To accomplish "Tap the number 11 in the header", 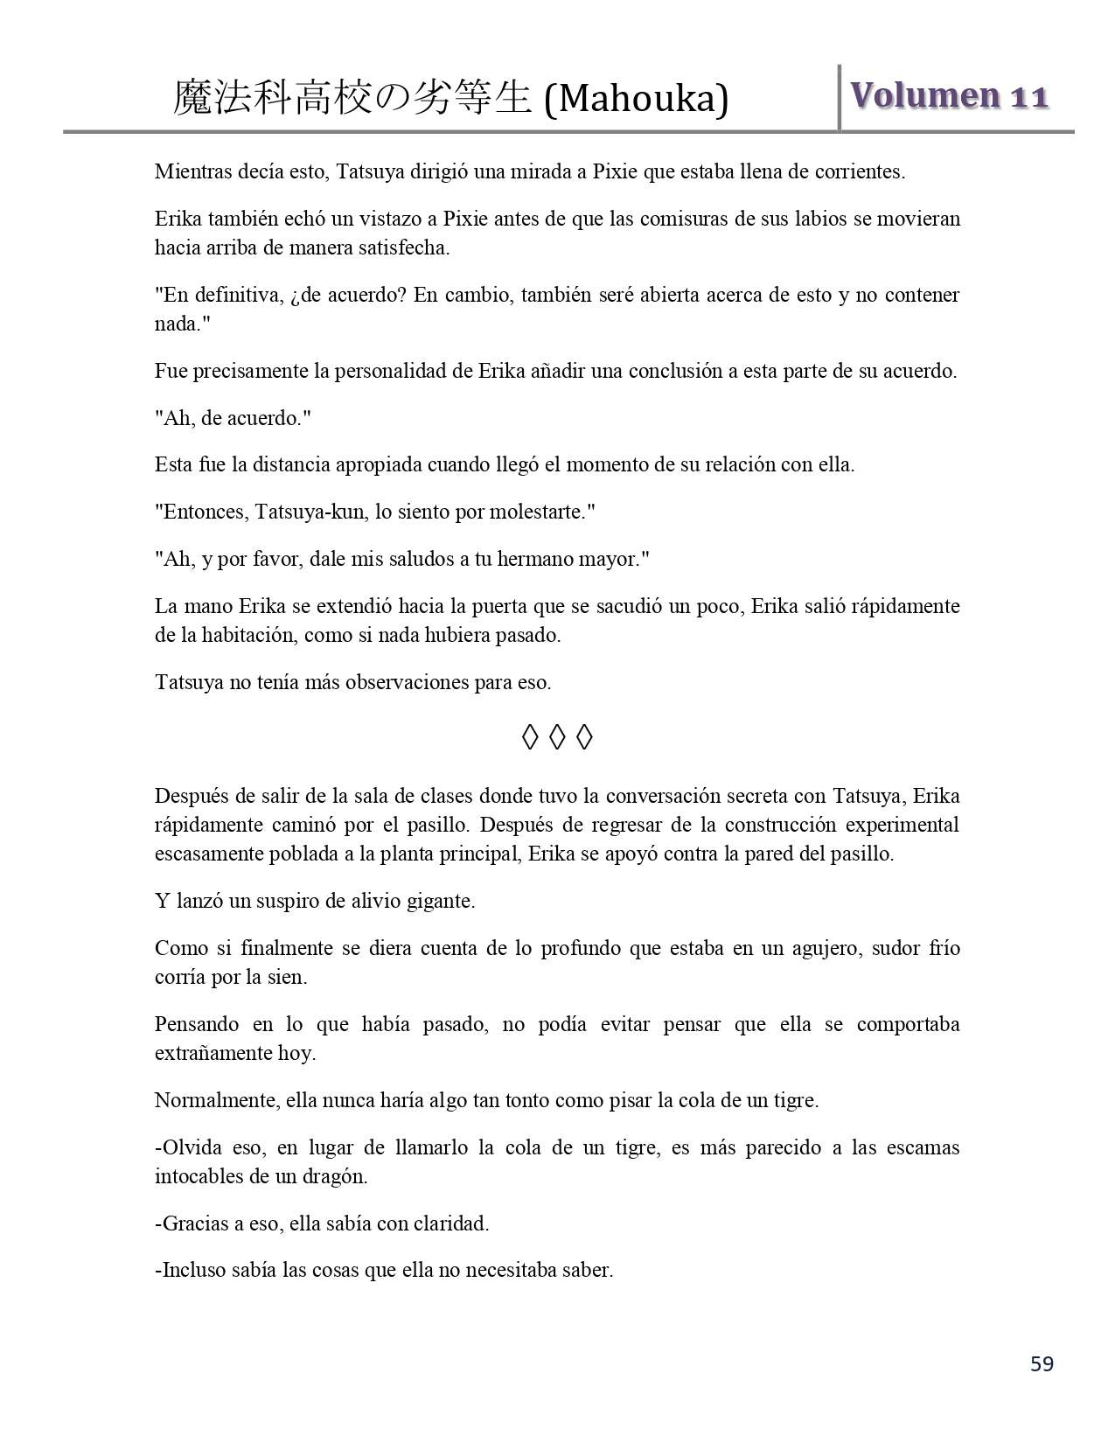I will click(1030, 97).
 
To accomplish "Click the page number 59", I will click(1042, 1363).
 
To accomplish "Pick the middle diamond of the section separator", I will click(557, 738).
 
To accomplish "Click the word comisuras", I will click(685, 219).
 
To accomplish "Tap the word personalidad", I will click(391, 371).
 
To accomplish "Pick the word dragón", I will click(336, 1177).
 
